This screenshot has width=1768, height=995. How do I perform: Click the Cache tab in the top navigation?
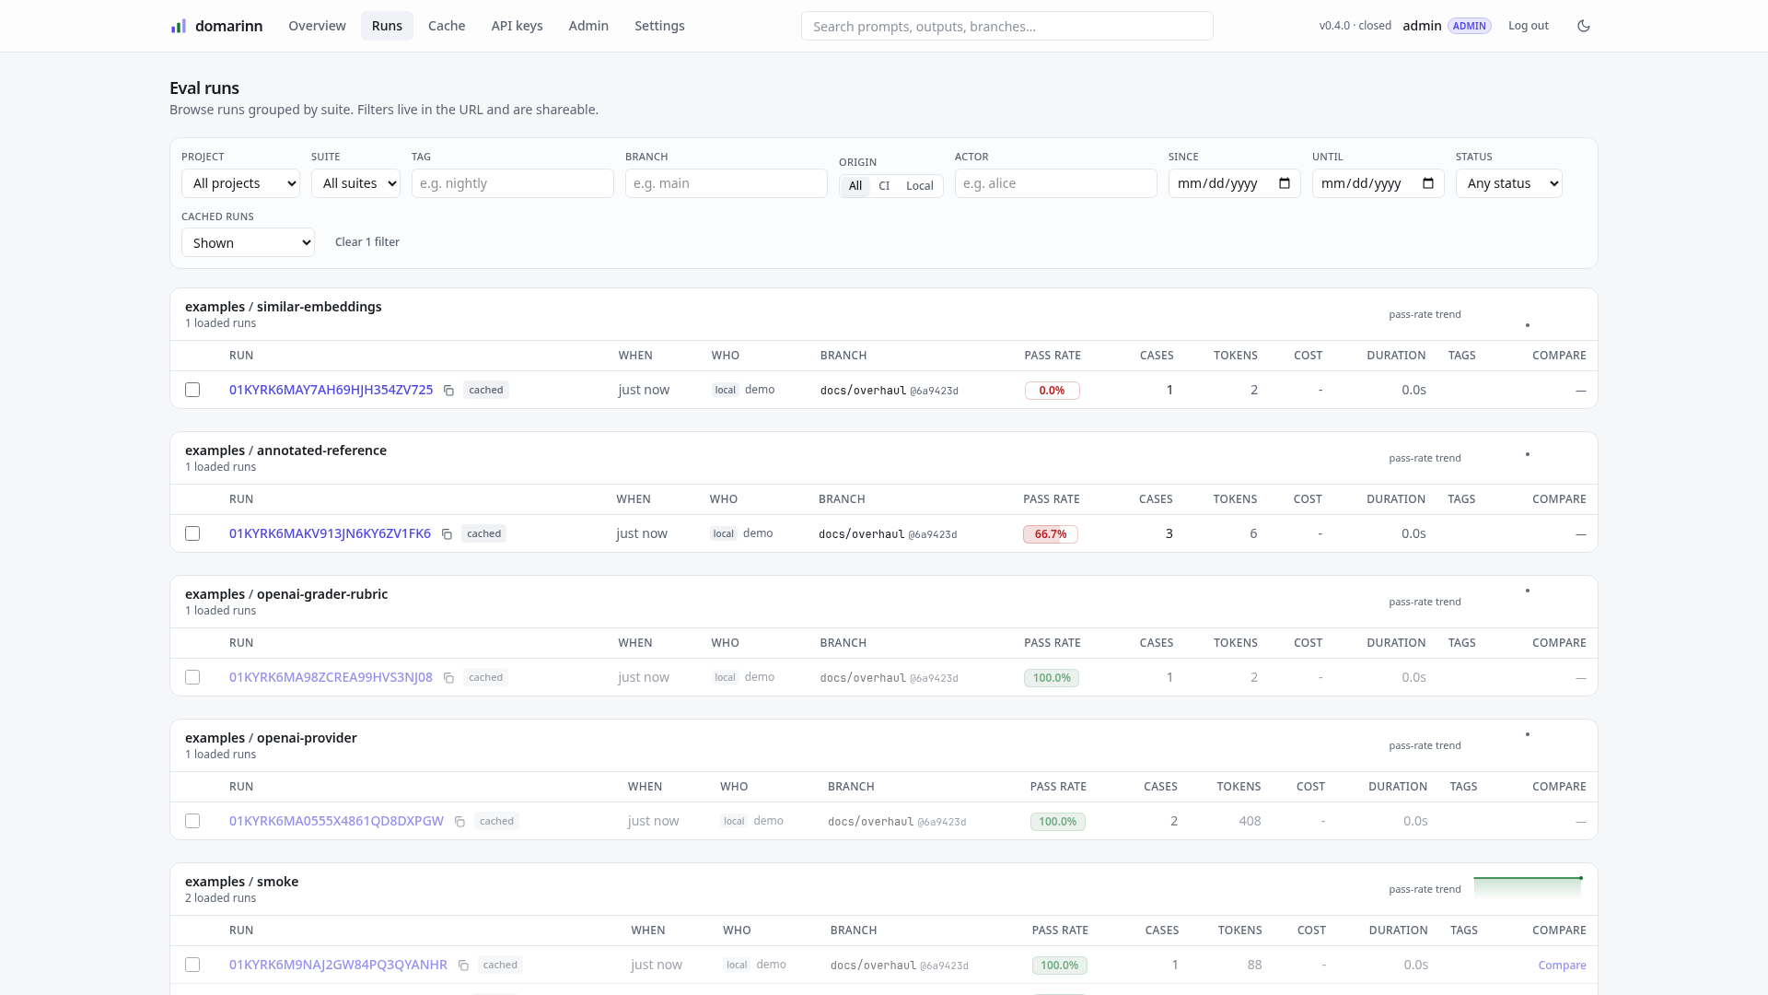click(447, 26)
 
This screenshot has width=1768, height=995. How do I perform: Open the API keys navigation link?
click(517, 26)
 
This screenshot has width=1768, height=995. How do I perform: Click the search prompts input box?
click(1006, 26)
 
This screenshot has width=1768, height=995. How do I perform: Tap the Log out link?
click(1528, 26)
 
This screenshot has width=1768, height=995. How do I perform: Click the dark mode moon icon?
click(1584, 26)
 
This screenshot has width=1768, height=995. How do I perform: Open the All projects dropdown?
click(240, 183)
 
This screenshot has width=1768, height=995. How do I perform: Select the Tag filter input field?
click(512, 183)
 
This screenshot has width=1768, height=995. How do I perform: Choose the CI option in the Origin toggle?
click(884, 186)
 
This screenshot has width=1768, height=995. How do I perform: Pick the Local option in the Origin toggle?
click(919, 186)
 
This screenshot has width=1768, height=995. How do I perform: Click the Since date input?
click(1234, 183)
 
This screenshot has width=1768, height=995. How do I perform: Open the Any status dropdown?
click(1508, 183)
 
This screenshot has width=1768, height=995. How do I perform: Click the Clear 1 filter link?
click(367, 242)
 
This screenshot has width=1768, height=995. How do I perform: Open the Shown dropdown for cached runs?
click(248, 242)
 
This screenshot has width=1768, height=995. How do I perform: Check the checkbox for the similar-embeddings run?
click(192, 390)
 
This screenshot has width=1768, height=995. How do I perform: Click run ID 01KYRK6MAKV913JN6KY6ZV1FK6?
click(330, 533)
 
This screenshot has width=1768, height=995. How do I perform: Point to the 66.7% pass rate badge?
click(1051, 534)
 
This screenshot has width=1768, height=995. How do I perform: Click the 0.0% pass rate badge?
click(1053, 391)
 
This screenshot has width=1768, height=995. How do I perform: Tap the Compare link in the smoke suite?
click(1562, 966)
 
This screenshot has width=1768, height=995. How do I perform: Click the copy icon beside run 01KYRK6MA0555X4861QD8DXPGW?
click(459, 822)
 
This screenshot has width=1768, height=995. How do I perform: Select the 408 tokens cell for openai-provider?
click(1250, 821)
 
